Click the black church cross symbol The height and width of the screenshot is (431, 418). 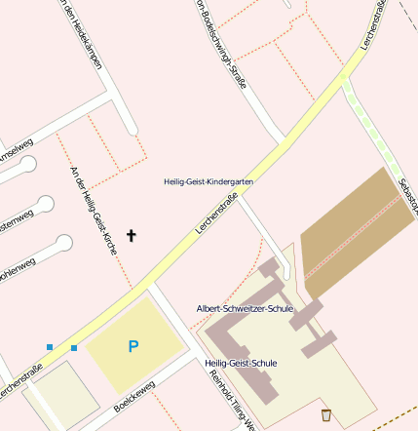[132, 235]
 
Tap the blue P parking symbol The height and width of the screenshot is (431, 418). [133, 346]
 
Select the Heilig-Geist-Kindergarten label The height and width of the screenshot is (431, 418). [209, 181]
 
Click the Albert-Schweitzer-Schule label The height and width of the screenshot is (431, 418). [245, 308]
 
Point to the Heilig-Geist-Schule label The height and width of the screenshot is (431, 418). [242, 363]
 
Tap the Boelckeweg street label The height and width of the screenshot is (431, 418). [133, 397]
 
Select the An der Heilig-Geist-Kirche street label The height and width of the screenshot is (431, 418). [94, 211]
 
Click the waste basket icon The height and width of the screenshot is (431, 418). [325, 415]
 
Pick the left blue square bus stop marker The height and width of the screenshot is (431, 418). [50, 346]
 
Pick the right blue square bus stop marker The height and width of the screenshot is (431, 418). [74, 347]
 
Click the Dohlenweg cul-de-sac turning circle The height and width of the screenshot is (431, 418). [64, 243]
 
